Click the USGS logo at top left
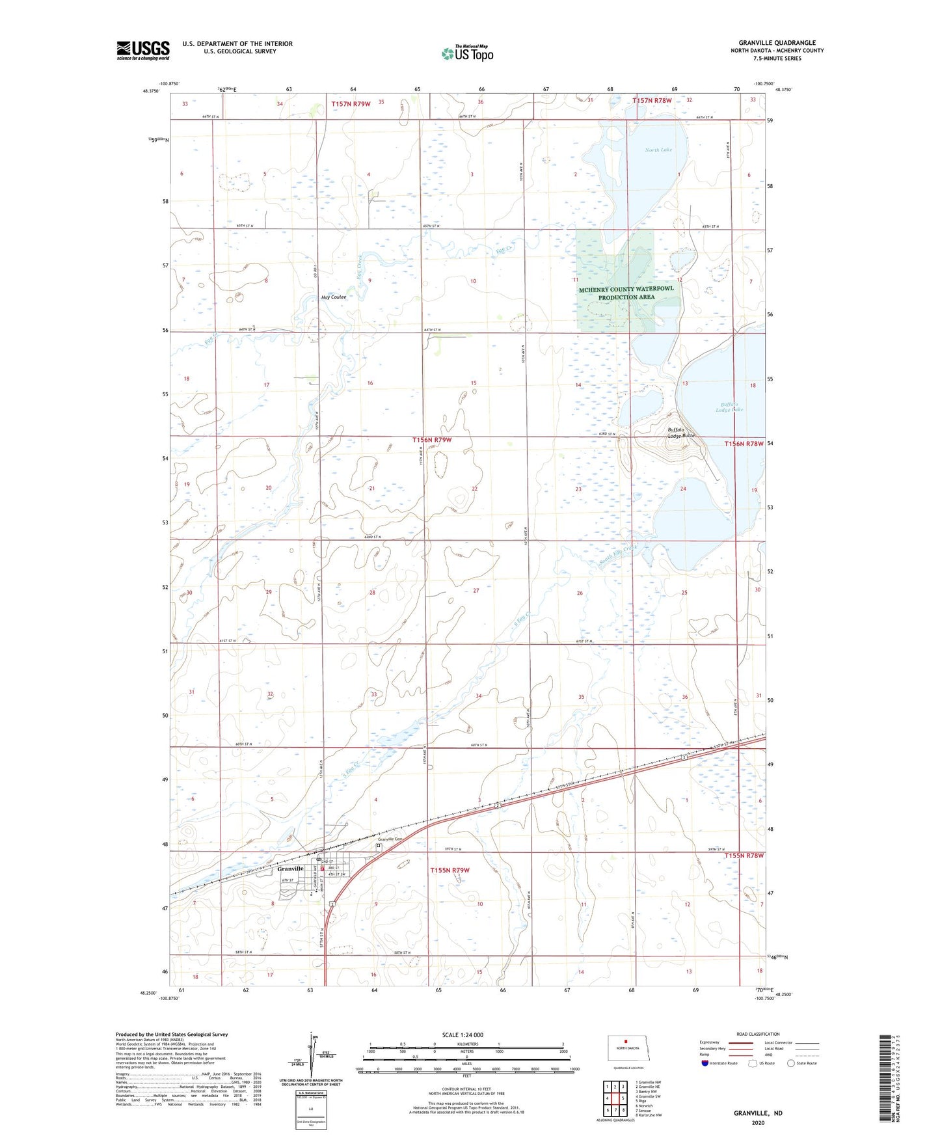[142, 50]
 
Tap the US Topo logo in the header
[467, 53]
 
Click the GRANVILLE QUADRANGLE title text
[777, 43]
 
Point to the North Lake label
[658, 150]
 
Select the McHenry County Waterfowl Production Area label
[626, 293]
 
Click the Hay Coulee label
[334, 297]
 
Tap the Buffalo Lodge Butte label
[681, 433]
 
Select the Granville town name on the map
[290, 869]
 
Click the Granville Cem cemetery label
[391, 839]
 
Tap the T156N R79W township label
[432, 440]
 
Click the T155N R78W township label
[744, 856]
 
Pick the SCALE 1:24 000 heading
[463, 1035]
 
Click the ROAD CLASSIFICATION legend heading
[758, 1034]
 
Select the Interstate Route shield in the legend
[706, 1063]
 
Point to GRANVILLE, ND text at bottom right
[758, 1113]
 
